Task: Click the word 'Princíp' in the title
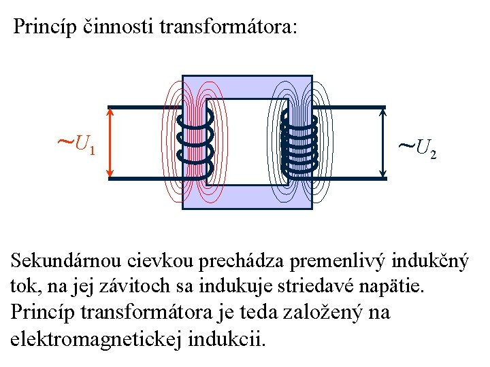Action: coord(44,27)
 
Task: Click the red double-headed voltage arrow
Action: coord(110,143)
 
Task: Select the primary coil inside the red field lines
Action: coord(195,141)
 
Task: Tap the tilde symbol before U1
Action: coord(65,143)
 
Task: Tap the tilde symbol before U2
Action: coord(406,145)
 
